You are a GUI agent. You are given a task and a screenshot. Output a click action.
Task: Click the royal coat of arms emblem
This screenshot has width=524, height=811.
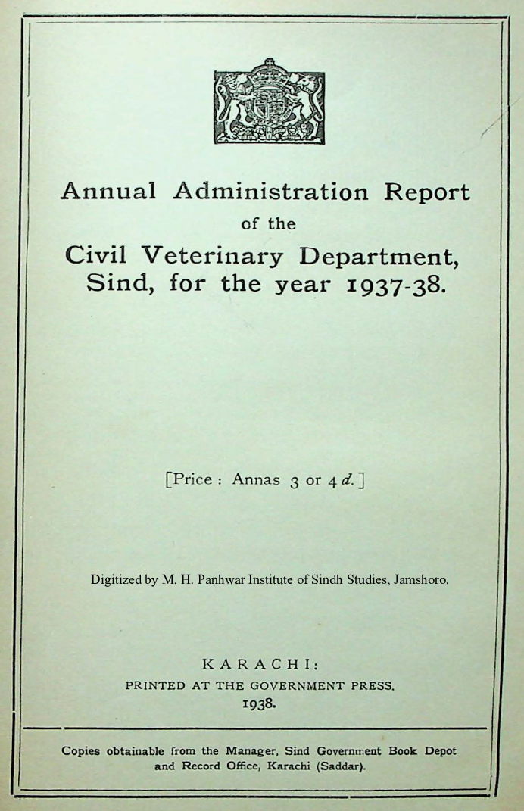[x=269, y=101]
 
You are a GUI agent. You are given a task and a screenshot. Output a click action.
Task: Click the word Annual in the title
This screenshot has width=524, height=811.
[x=108, y=191]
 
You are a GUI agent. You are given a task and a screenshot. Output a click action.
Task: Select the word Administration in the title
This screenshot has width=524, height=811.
[x=270, y=191]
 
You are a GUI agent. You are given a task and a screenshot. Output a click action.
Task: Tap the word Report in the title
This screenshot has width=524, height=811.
[x=426, y=192]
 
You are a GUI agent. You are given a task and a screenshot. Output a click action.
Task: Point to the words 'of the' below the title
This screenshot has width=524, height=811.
[x=268, y=224]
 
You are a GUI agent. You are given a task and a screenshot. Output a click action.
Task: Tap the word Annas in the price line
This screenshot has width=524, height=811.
[x=256, y=479]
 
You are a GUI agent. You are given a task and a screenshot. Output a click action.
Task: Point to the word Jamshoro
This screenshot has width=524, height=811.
[x=422, y=580]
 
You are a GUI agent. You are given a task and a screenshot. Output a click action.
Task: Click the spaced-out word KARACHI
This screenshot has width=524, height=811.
[x=260, y=664]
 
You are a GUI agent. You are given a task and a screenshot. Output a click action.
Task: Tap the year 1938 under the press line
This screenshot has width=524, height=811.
[x=259, y=703]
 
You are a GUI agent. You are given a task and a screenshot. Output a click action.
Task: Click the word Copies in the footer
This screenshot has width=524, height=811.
[x=81, y=752]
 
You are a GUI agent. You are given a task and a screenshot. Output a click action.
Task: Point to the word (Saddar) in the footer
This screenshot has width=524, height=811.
[x=341, y=766]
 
